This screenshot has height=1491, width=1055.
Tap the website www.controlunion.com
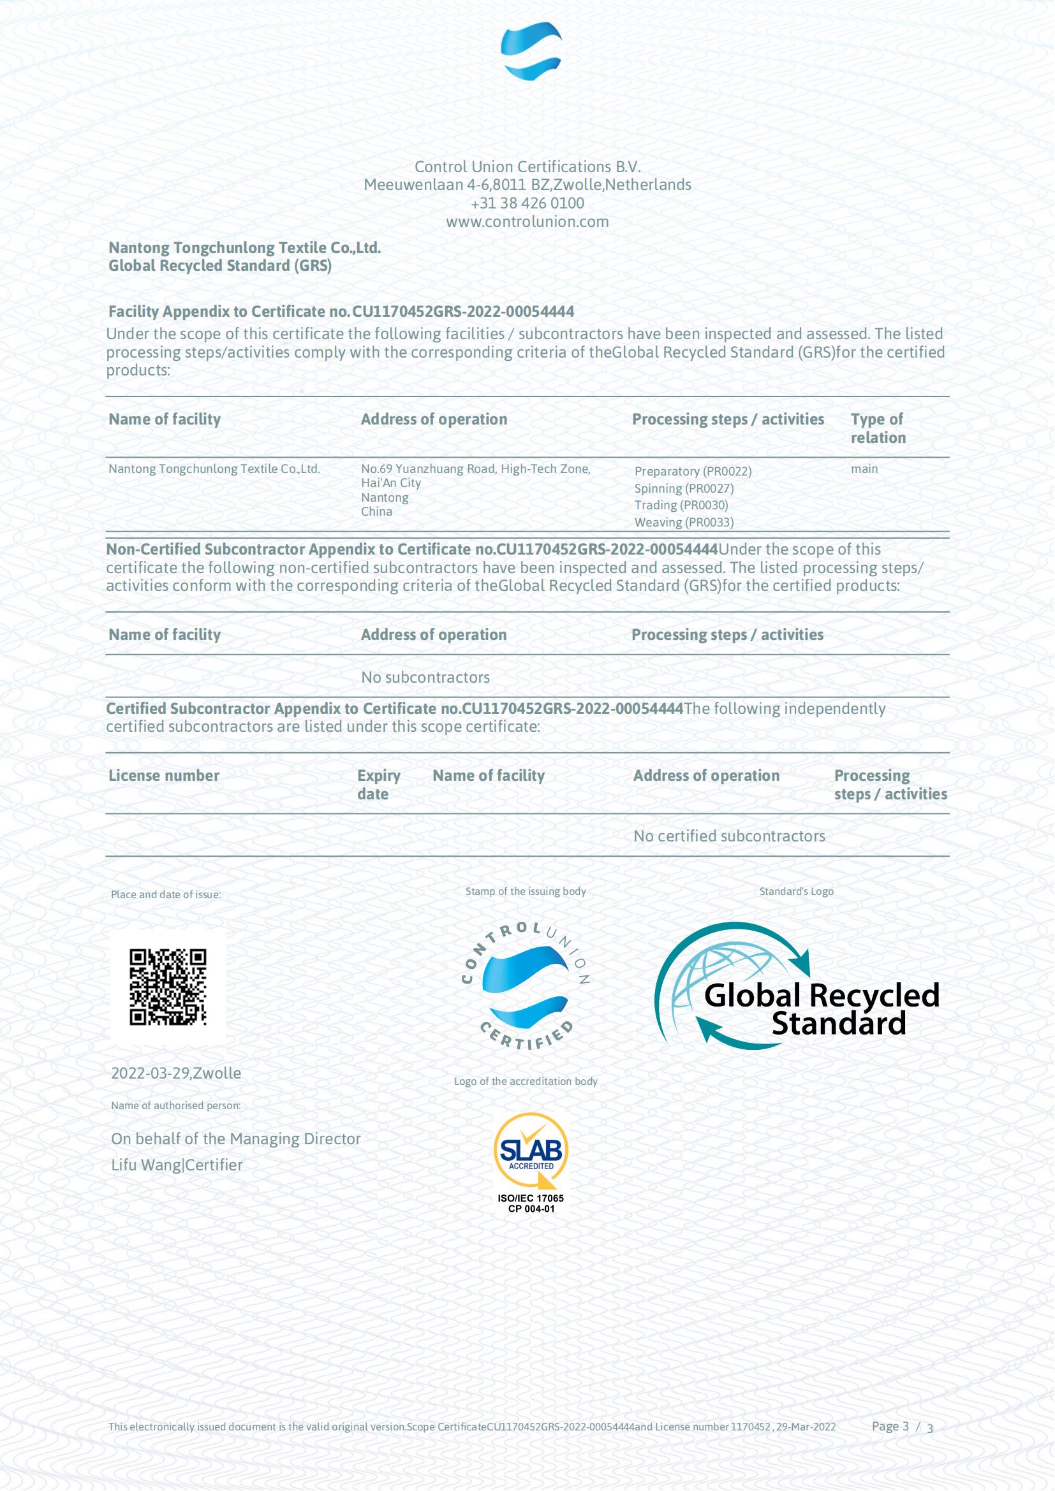527,221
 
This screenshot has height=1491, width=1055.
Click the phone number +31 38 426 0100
527,203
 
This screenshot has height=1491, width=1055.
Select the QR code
168,986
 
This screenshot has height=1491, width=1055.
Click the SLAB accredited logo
531,1163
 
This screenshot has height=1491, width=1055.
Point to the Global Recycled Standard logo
797,986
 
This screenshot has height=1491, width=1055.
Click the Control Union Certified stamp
526,986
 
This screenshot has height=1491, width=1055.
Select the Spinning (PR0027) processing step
683,488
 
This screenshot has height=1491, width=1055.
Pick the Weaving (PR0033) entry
683,522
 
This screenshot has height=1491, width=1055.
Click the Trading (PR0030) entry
681,505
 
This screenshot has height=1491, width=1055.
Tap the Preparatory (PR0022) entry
693,472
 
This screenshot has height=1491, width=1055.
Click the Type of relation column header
878,428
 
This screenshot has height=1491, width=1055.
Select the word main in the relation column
864,469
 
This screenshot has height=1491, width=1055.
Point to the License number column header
164,775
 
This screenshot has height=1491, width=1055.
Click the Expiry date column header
378,785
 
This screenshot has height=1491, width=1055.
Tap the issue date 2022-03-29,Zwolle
176,1073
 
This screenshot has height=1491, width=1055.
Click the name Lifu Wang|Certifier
177,1165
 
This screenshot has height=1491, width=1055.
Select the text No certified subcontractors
729,836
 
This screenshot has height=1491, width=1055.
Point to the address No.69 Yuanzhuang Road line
476,469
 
